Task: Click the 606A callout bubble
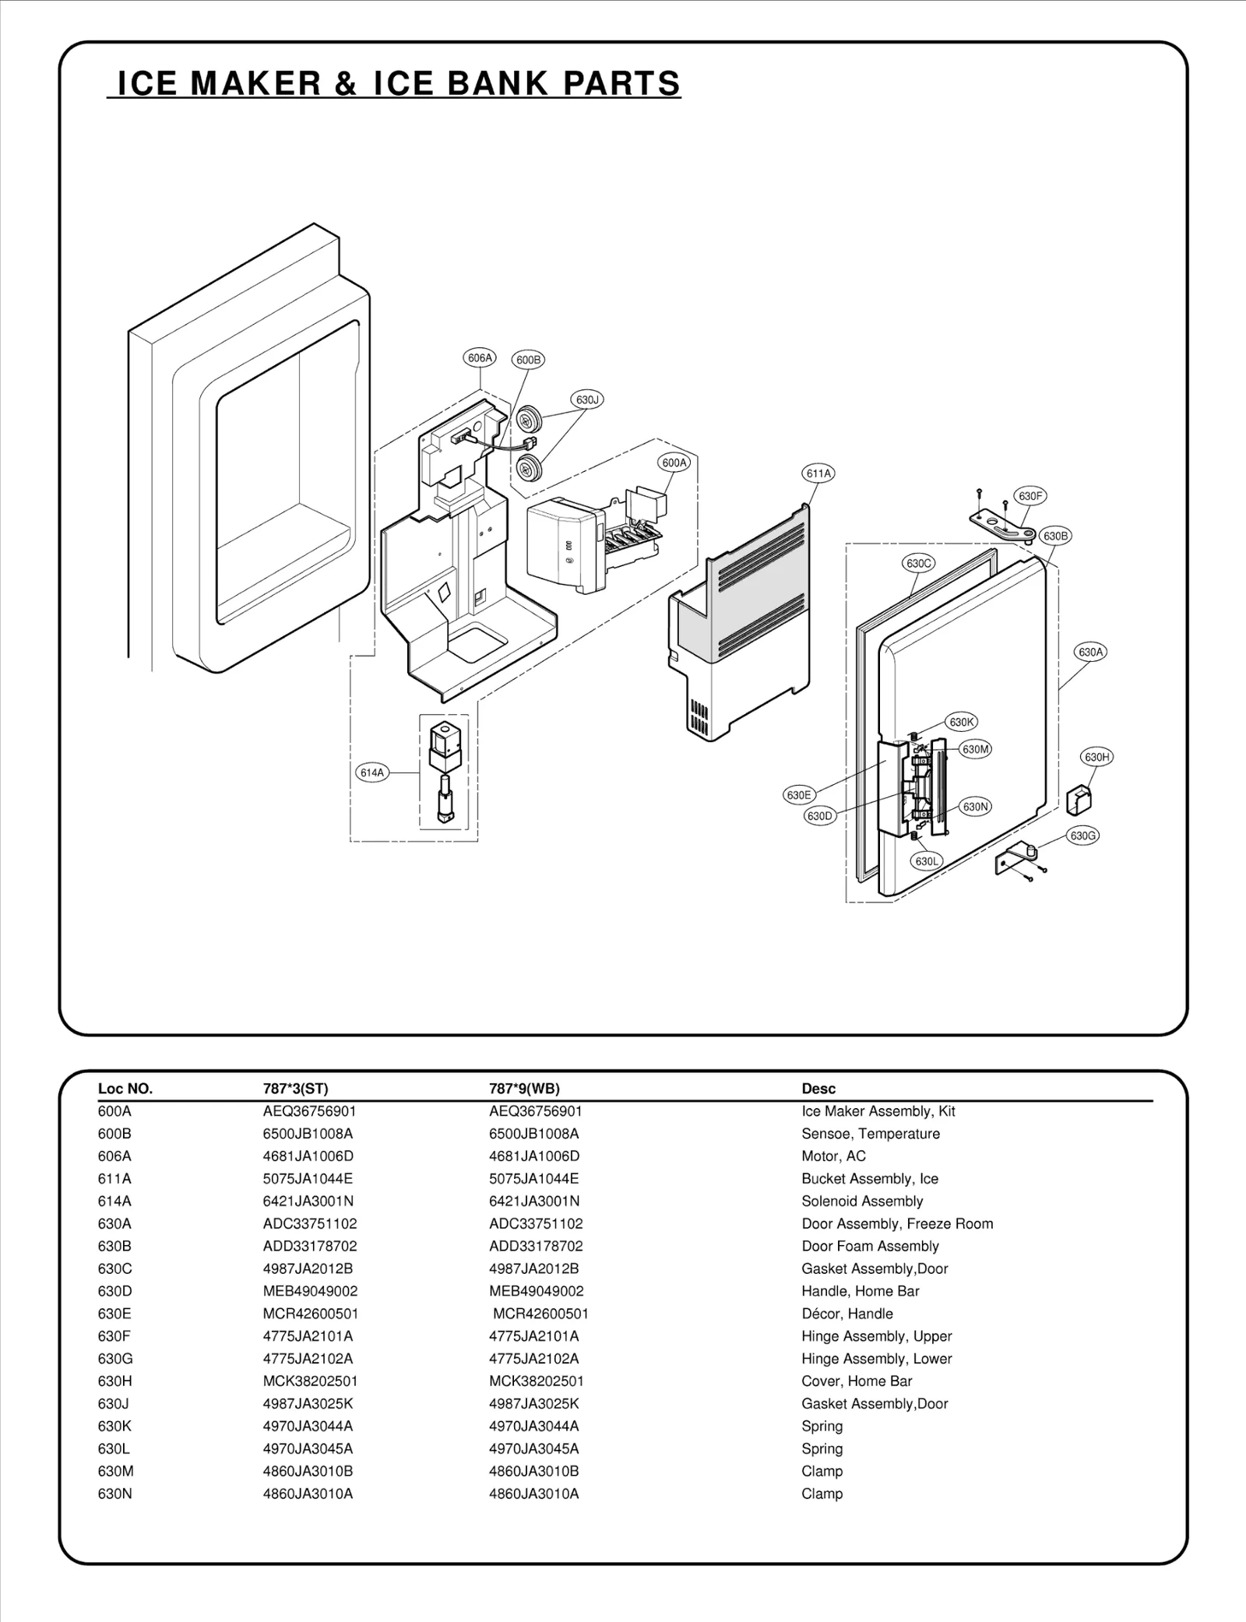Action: [480, 358]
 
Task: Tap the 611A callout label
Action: [818, 473]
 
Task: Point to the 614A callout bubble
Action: [372, 772]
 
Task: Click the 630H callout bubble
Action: [1096, 757]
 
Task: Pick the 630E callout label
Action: [799, 795]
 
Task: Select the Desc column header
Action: [818, 1089]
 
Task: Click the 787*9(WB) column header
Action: [524, 1089]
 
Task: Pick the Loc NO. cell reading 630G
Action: [115, 1359]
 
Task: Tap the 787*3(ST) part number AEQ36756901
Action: [309, 1111]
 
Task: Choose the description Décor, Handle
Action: [847, 1314]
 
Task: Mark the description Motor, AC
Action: [833, 1156]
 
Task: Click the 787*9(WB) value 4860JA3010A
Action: [534, 1494]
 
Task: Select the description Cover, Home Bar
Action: [857, 1381]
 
